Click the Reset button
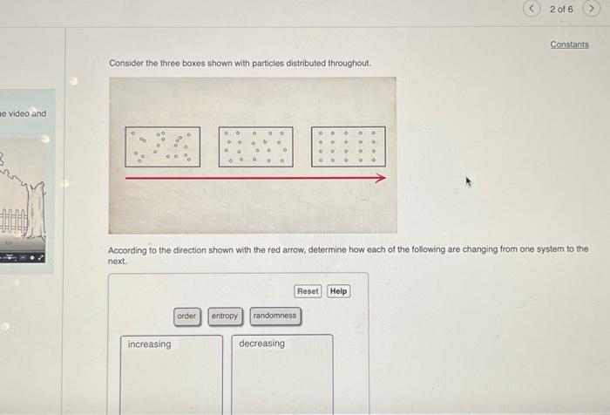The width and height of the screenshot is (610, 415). coord(308,291)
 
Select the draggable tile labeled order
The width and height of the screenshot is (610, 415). coord(186,316)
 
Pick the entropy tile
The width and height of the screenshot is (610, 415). coord(224,316)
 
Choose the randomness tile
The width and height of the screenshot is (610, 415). coord(274,316)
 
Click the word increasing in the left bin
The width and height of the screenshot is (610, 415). coord(150,344)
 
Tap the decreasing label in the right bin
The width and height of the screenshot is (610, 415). coord(261,344)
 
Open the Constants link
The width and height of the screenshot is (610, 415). coord(569,44)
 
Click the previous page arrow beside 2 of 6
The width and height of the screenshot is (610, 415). coord(532,9)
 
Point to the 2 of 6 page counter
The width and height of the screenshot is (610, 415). coord(562,9)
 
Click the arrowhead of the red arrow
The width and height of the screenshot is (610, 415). coord(380,178)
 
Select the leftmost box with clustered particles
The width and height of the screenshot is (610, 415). coord(162,146)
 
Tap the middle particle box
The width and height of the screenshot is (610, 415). coord(255,146)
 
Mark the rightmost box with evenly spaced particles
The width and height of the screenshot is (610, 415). coord(349,146)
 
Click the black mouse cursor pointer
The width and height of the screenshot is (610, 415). coord(470,182)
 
